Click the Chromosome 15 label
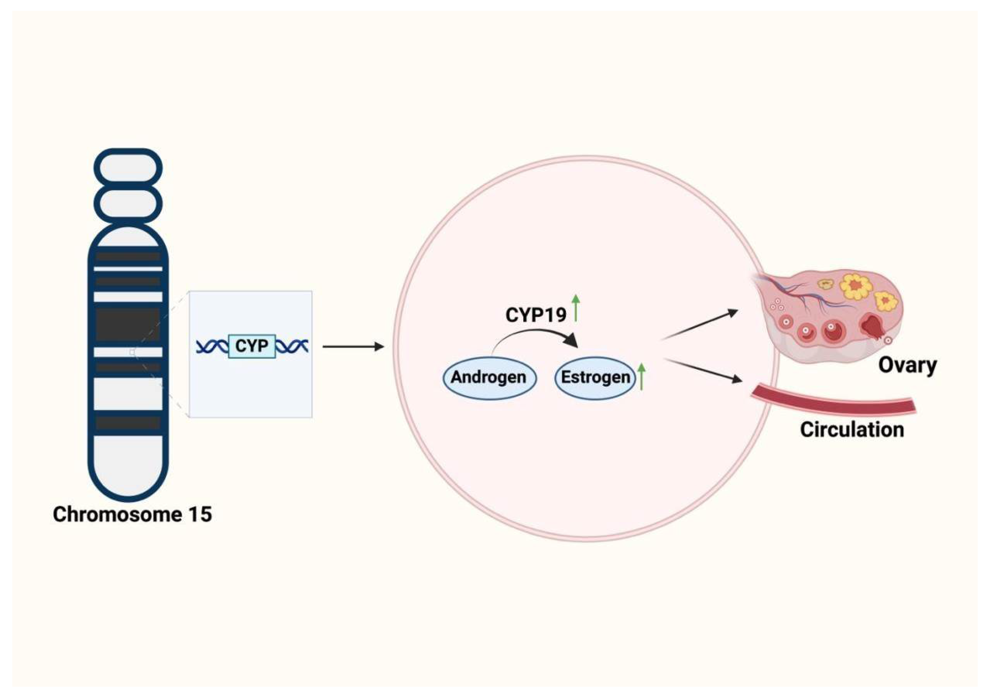point(132,514)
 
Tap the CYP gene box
point(252,346)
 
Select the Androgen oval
point(489,378)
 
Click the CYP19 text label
point(536,315)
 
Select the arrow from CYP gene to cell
point(353,346)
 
